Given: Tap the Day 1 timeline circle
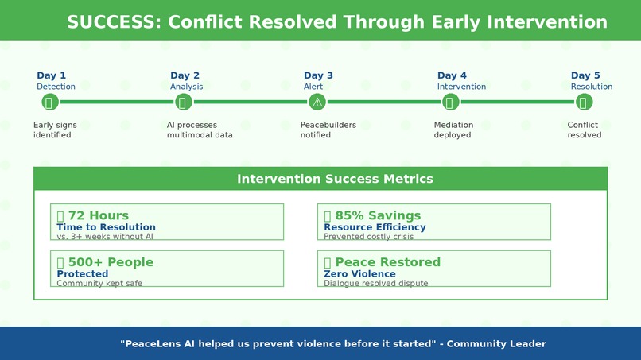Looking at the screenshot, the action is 50,103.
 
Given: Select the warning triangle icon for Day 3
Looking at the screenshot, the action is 317,103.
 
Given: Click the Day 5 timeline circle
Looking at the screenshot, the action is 584,103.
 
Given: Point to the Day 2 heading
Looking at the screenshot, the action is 185,75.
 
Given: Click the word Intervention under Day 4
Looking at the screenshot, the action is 461,87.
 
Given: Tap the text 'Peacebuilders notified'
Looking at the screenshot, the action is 328,130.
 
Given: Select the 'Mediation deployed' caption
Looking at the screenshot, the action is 453,130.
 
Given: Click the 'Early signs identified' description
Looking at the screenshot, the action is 55,130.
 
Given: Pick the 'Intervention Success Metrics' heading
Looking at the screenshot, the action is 335,179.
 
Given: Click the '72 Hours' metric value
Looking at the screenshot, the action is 98,215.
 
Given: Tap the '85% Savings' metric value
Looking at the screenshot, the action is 378,215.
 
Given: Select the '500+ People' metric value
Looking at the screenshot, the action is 111,262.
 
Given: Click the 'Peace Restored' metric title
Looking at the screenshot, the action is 388,262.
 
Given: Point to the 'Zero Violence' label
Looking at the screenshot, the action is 359,274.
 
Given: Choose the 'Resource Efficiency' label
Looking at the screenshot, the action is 375,227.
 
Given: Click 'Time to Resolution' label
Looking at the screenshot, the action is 107,227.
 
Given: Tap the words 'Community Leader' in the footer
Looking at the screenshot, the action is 496,343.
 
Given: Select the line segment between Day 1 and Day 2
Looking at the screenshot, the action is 116,103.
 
